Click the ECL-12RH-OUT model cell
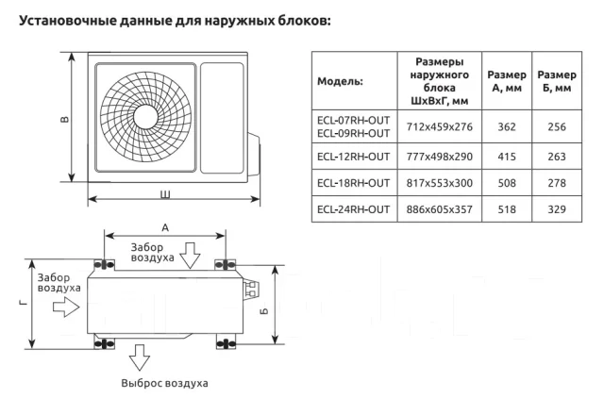point(353,157)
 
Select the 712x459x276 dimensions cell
point(439,126)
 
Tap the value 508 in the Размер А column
point(507,183)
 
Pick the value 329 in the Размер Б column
point(557,209)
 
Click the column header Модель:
point(340,81)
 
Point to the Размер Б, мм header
point(557,81)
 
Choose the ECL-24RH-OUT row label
point(353,209)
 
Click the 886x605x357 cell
point(439,209)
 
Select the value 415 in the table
point(507,157)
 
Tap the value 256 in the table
point(557,126)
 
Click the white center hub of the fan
point(145,117)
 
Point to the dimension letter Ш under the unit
point(165,194)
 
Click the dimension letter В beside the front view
point(65,119)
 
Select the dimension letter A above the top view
point(165,228)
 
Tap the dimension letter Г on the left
point(24,304)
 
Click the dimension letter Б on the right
point(264,310)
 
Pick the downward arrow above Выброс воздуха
point(139,357)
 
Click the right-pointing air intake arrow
point(66,307)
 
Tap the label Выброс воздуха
point(164,383)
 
